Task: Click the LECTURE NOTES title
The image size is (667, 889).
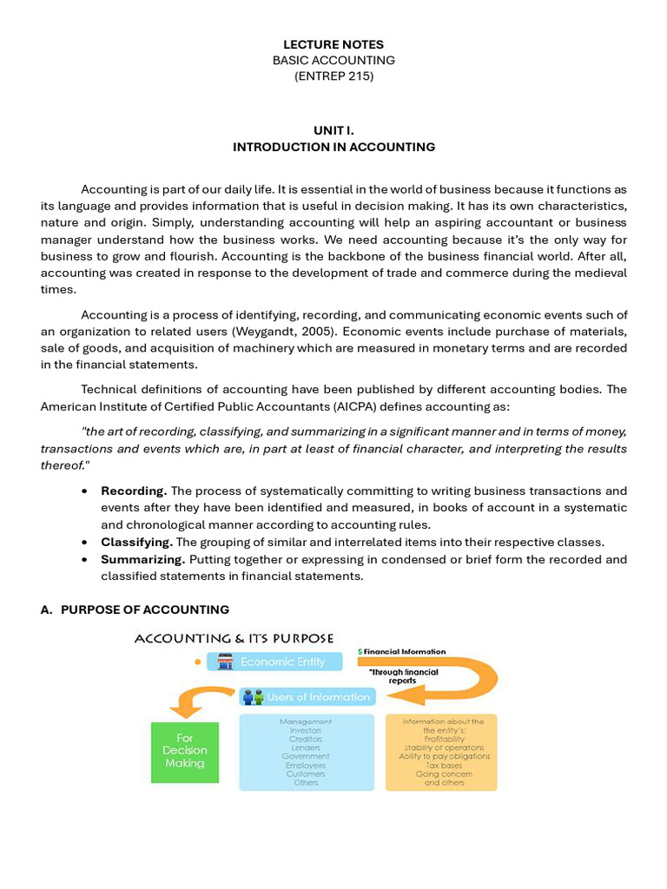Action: click(333, 44)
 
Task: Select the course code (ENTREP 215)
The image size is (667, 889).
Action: click(333, 76)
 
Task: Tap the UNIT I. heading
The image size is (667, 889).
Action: click(333, 130)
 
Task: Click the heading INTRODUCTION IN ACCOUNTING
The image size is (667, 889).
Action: click(333, 147)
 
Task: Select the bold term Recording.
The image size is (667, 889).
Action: click(134, 491)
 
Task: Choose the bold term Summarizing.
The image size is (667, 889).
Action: click(142, 559)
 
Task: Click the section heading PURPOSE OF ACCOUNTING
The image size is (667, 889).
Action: click(144, 609)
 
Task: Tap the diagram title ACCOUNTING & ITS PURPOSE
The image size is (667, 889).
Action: click(234, 639)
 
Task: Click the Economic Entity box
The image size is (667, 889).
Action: click(274, 662)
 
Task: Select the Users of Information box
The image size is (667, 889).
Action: click(307, 696)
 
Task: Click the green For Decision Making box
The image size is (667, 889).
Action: click(184, 752)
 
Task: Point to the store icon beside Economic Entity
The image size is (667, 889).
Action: click(225, 662)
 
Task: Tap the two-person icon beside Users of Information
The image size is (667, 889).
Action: click(253, 696)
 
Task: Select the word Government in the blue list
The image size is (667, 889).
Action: click(306, 756)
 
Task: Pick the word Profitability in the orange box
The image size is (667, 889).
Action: click(444, 739)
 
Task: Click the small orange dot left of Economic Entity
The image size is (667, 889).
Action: click(197, 662)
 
